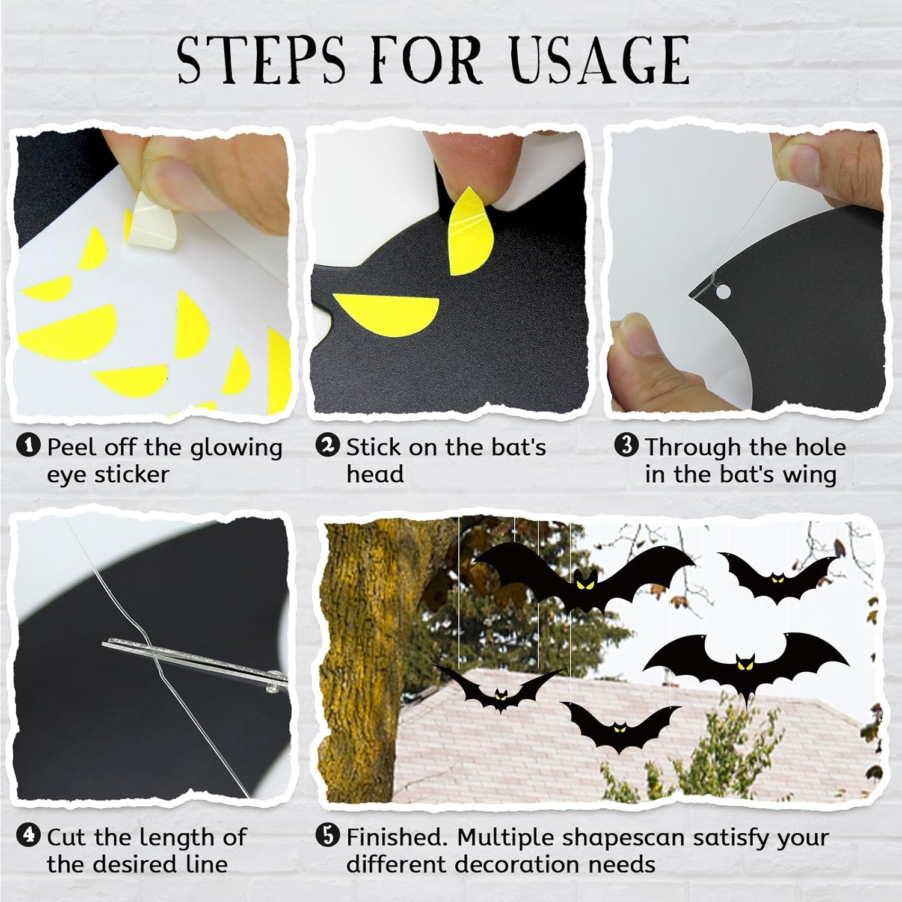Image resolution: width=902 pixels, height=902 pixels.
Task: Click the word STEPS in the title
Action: click(262, 59)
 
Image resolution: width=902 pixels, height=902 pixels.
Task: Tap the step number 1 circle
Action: click(28, 446)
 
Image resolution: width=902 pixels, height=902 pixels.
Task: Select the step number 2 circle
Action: click(327, 446)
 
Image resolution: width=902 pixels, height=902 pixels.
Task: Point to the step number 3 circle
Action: click(626, 446)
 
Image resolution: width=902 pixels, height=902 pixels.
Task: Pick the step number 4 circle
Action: click(28, 836)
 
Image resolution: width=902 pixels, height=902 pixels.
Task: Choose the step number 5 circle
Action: click(327, 836)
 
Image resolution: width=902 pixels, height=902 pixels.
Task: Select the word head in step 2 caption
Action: click(375, 474)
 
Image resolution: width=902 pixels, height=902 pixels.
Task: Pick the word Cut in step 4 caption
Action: click(69, 837)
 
